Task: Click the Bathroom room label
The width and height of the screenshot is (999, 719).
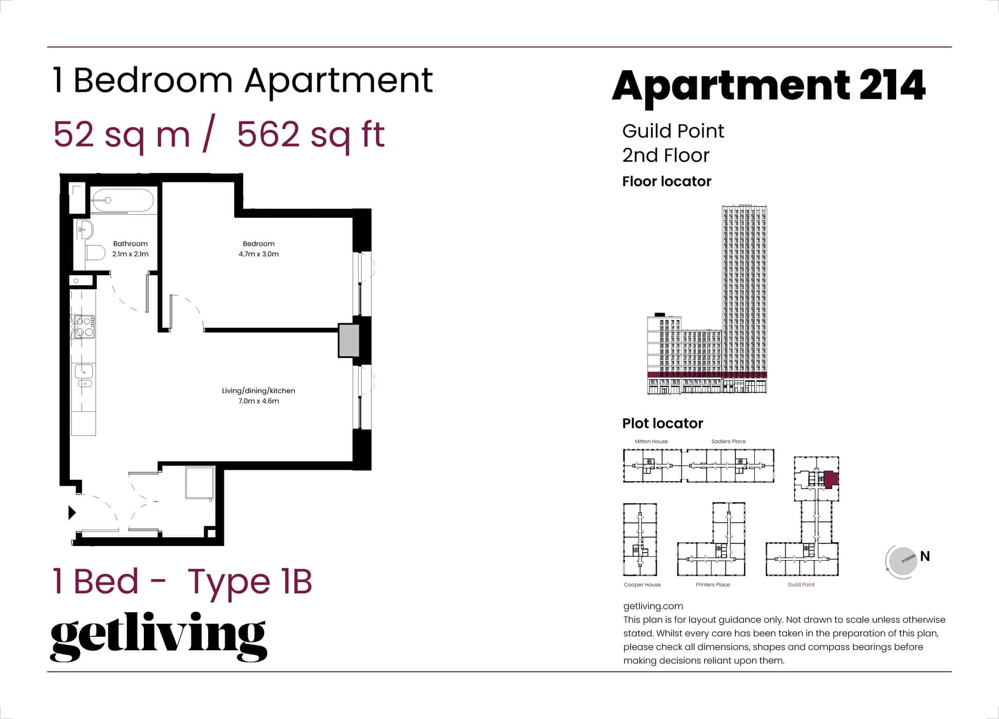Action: (x=130, y=244)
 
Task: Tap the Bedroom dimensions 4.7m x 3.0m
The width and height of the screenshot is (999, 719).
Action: (x=258, y=254)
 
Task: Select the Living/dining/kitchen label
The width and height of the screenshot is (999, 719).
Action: (x=258, y=391)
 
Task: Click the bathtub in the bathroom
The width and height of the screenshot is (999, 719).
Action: (x=122, y=200)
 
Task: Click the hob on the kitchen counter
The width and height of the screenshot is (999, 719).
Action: (x=83, y=327)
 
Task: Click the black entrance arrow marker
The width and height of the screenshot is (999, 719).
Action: (x=72, y=513)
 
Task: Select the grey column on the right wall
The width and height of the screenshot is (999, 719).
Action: (x=348, y=340)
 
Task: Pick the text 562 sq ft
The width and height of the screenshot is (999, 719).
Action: (x=310, y=135)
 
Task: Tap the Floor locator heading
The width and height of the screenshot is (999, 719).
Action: (x=667, y=181)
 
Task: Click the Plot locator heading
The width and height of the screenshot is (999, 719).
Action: (x=662, y=423)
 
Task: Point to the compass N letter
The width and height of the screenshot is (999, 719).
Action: (x=925, y=556)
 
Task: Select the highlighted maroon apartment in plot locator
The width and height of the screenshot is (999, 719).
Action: (x=830, y=479)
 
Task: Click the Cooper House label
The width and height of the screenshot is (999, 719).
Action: (x=642, y=584)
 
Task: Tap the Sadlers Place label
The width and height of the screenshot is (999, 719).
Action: (x=728, y=441)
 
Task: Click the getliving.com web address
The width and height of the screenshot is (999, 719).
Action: (x=653, y=606)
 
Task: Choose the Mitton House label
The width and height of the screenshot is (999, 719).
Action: (x=651, y=441)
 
